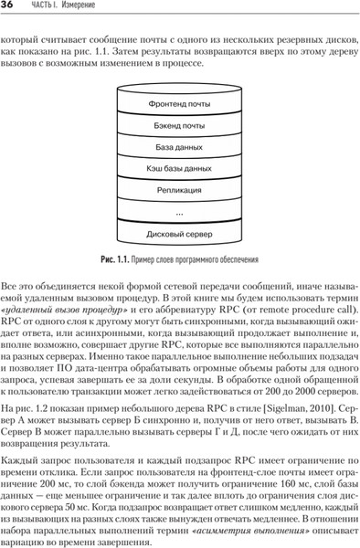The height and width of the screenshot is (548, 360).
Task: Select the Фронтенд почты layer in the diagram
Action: click(x=179, y=104)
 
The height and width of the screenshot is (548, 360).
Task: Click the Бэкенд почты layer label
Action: click(x=179, y=125)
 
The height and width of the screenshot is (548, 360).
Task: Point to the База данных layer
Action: click(x=179, y=146)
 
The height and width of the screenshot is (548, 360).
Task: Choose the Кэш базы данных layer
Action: click(x=179, y=168)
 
